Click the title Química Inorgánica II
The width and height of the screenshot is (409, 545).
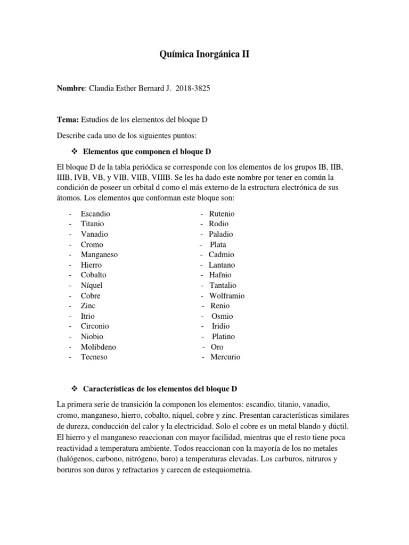click(x=204, y=54)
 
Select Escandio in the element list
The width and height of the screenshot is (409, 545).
click(x=95, y=213)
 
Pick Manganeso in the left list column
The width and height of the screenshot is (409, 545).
click(x=99, y=254)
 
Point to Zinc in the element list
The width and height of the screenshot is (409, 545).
click(x=88, y=305)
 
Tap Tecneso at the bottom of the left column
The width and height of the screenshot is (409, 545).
click(x=94, y=357)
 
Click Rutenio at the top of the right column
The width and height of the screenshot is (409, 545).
click(x=222, y=213)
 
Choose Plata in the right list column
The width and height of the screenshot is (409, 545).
click(x=218, y=244)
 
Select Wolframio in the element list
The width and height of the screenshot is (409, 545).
click(x=227, y=295)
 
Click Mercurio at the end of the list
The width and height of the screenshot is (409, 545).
click(x=225, y=357)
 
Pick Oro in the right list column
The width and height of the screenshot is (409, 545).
click(x=217, y=346)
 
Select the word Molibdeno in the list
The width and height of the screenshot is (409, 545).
click(x=99, y=346)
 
